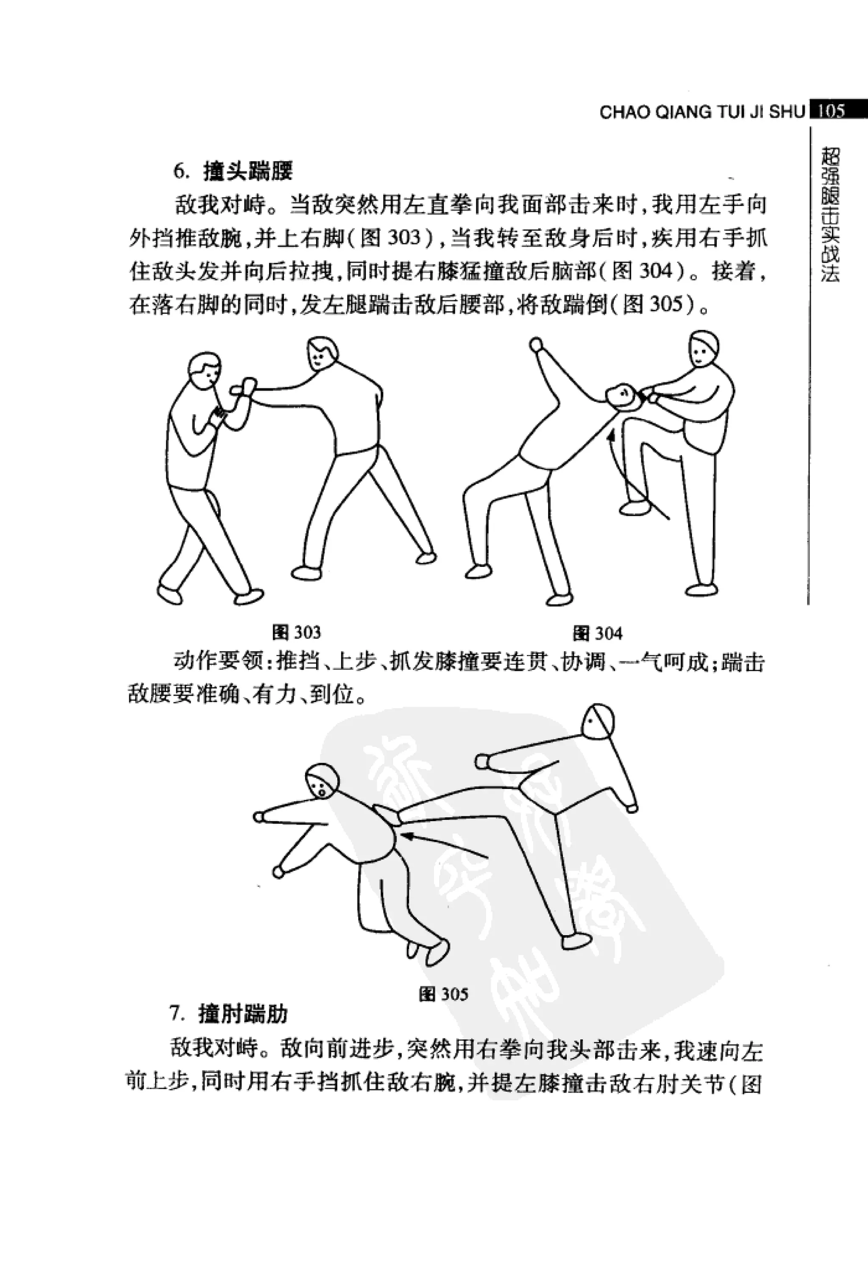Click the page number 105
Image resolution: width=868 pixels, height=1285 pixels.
(x=831, y=111)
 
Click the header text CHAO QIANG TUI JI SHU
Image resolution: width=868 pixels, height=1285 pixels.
(x=702, y=112)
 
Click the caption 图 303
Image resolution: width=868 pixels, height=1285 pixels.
(x=297, y=633)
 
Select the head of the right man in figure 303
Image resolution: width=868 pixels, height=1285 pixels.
(x=321, y=354)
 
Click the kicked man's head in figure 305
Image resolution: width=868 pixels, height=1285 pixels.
(x=322, y=781)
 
